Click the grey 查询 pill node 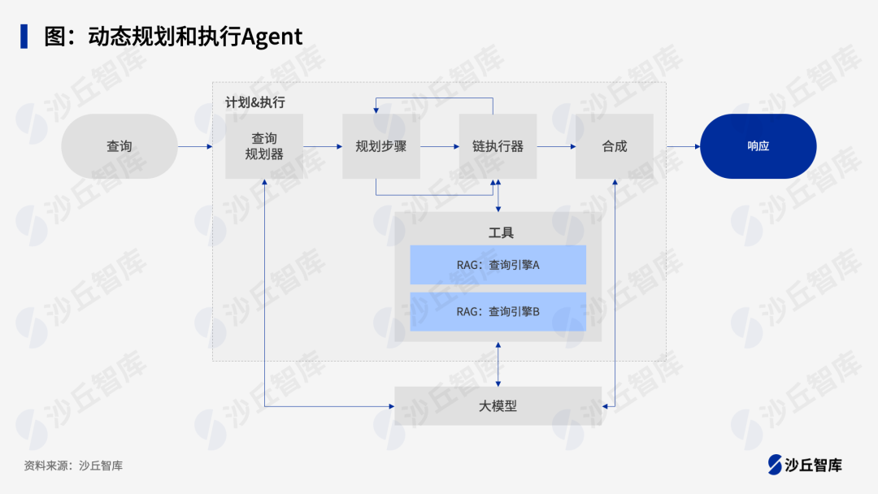pyautogui.click(x=120, y=146)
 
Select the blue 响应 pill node pyautogui.click(x=758, y=146)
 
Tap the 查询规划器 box pyautogui.click(x=264, y=146)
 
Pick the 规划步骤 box pyautogui.click(x=381, y=146)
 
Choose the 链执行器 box pyautogui.click(x=498, y=146)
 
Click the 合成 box pyautogui.click(x=615, y=146)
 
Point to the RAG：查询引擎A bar pyautogui.click(x=498, y=265)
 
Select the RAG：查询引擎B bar pyautogui.click(x=498, y=311)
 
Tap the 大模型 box pyautogui.click(x=498, y=405)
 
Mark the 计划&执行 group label pyautogui.click(x=255, y=102)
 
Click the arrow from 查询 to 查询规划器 pyautogui.click(x=195, y=146)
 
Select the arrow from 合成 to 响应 pyautogui.click(x=683, y=146)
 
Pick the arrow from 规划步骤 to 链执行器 pyautogui.click(x=440, y=146)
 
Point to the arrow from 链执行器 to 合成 pyautogui.click(x=556, y=146)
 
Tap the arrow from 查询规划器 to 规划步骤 pyautogui.click(x=323, y=146)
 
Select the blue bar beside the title pyautogui.click(x=24, y=37)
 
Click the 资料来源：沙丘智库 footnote pyautogui.click(x=73, y=466)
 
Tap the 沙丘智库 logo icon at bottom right pyautogui.click(x=775, y=464)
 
